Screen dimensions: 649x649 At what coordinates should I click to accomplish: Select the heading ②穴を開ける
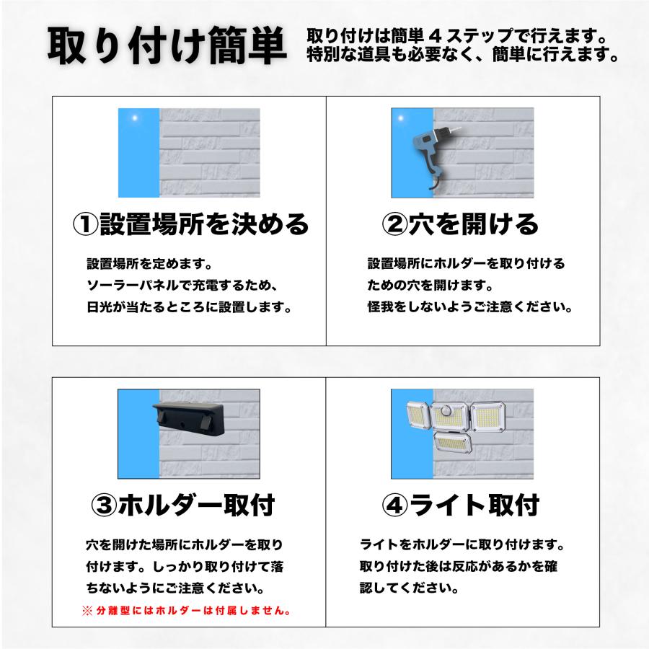(459, 224)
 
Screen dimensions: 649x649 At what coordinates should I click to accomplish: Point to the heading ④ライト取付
(459, 504)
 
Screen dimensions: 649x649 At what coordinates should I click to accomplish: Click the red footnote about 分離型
(186, 610)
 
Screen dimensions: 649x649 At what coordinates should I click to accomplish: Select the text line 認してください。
(408, 588)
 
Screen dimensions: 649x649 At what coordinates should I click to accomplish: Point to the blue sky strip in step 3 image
(136, 433)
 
